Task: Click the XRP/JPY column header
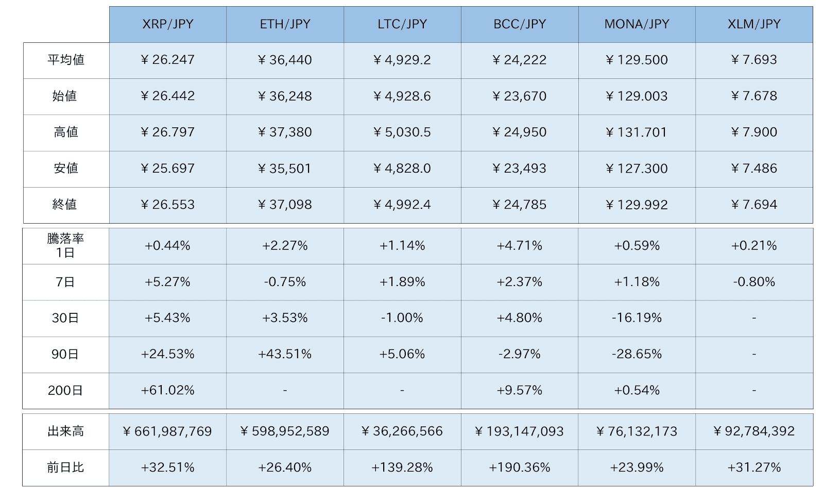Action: [x=167, y=24]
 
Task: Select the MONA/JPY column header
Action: [x=637, y=24]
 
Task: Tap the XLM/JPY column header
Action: [x=754, y=24]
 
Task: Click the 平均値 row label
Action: [x=66, y=60]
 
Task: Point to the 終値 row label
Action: [x=65, y=205]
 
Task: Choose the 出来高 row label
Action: [x=65, y=431]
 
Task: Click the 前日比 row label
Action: [x=65, y=467]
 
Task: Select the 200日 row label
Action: [x=65, y=391]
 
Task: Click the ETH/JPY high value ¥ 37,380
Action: [x=285, y=132]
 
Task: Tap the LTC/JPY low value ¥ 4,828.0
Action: [x=402, y=169]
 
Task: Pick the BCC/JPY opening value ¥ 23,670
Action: [x=519, y=96]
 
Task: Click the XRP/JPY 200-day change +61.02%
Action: [x=167, y=391]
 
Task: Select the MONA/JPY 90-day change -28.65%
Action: [x=637, y=354]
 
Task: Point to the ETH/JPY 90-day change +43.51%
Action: [x=285, y=354]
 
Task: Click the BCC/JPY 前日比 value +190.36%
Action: [x=519, y=467]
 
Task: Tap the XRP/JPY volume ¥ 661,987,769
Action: [x=167, y=431]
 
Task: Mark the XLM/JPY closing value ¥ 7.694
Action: [x=754, y=205]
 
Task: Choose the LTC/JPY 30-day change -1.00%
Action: [x=402, y=318]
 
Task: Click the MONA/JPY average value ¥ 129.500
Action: [x=637, y=60]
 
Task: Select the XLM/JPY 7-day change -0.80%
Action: [x=754, y=282]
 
